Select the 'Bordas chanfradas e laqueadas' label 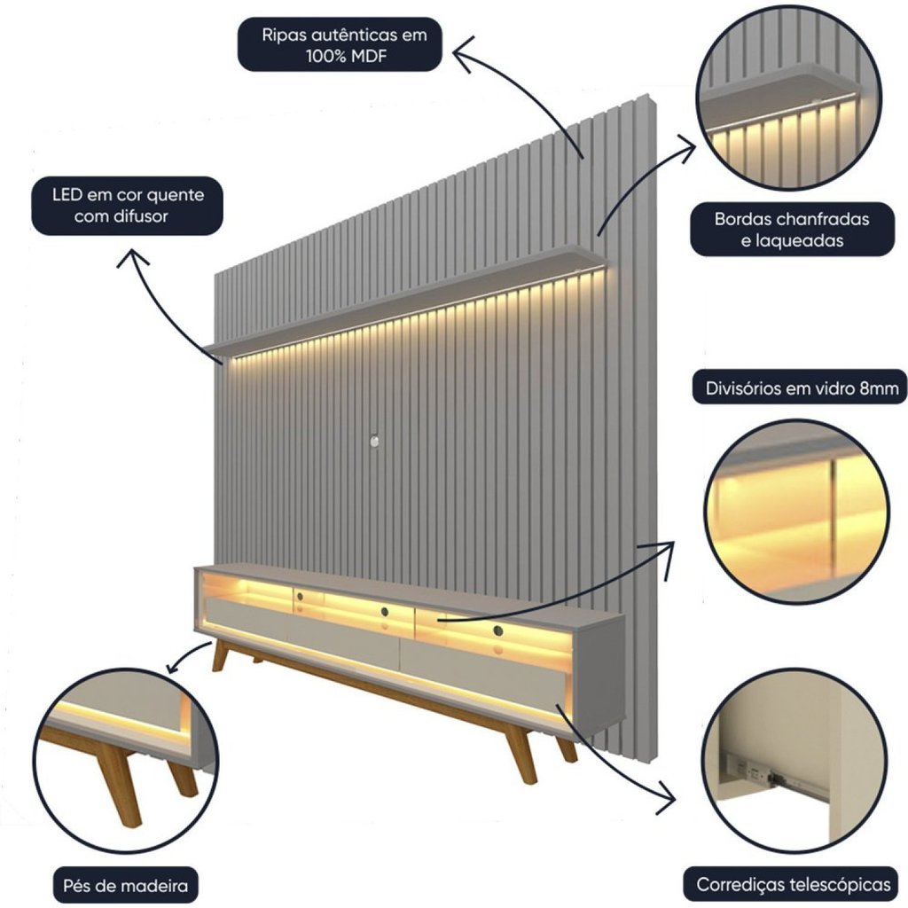click(792, 229)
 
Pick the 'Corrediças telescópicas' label click(792, 884)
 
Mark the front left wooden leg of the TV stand click(218, 656)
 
